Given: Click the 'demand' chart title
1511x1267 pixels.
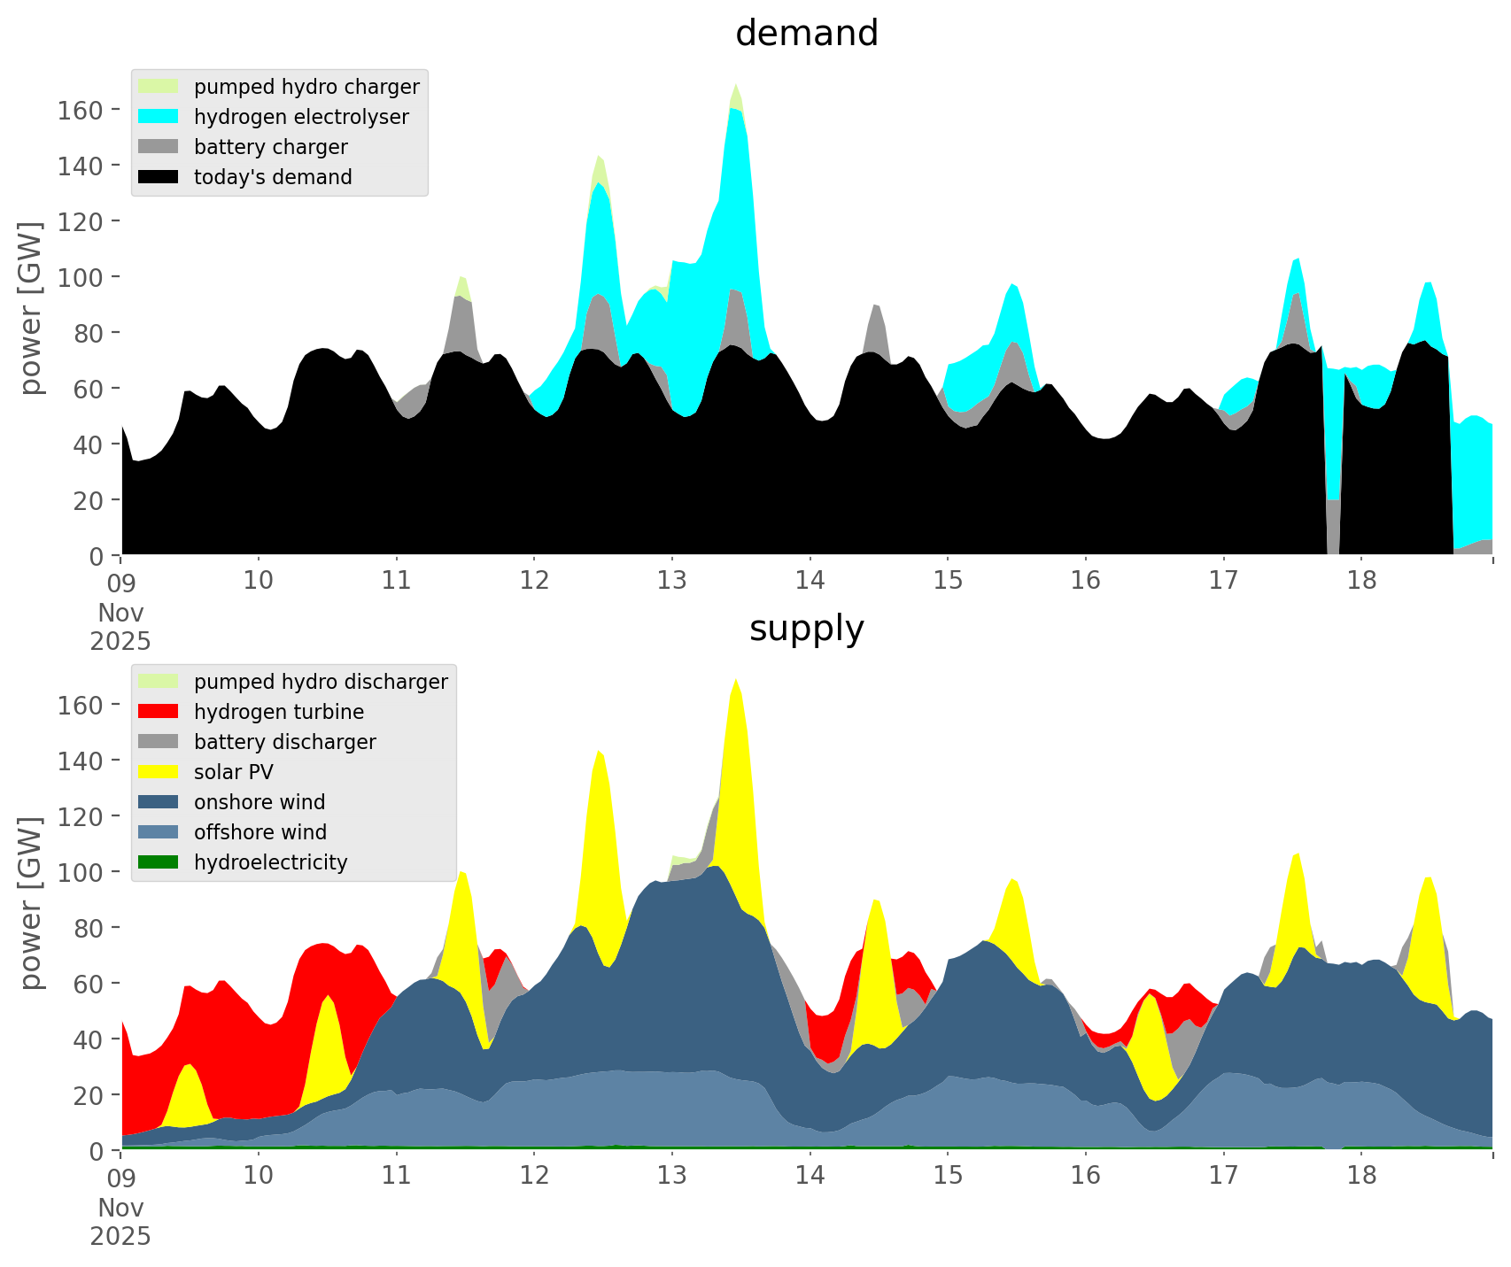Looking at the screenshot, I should [806, 34].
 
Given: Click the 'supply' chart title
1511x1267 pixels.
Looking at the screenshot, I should [806, 629].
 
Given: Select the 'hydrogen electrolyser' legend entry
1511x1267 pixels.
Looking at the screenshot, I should [301, 117].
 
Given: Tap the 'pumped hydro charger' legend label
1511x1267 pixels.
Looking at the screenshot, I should [306, 87].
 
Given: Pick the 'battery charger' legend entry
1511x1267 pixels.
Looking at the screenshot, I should [270, 147].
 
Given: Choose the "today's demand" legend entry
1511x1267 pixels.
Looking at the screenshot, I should [273, 177].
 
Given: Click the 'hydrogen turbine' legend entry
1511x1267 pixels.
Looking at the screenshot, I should [278, 712].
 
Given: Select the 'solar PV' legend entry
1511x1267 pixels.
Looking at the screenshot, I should [233, 772].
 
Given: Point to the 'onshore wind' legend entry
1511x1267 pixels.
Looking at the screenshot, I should [260, 802].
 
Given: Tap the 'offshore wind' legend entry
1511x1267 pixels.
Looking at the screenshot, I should [260, 832].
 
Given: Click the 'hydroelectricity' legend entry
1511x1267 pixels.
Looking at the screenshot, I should [270, 862].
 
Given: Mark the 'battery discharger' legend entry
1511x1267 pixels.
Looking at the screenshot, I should [284, 742].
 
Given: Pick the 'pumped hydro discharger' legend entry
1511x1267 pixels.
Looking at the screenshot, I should [321, 682].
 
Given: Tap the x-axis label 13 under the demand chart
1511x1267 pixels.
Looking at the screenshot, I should [671, 581].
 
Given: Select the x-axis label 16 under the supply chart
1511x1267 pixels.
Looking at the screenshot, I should [1085, 1176].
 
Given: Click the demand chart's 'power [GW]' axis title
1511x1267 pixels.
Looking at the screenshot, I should [31, 308].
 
